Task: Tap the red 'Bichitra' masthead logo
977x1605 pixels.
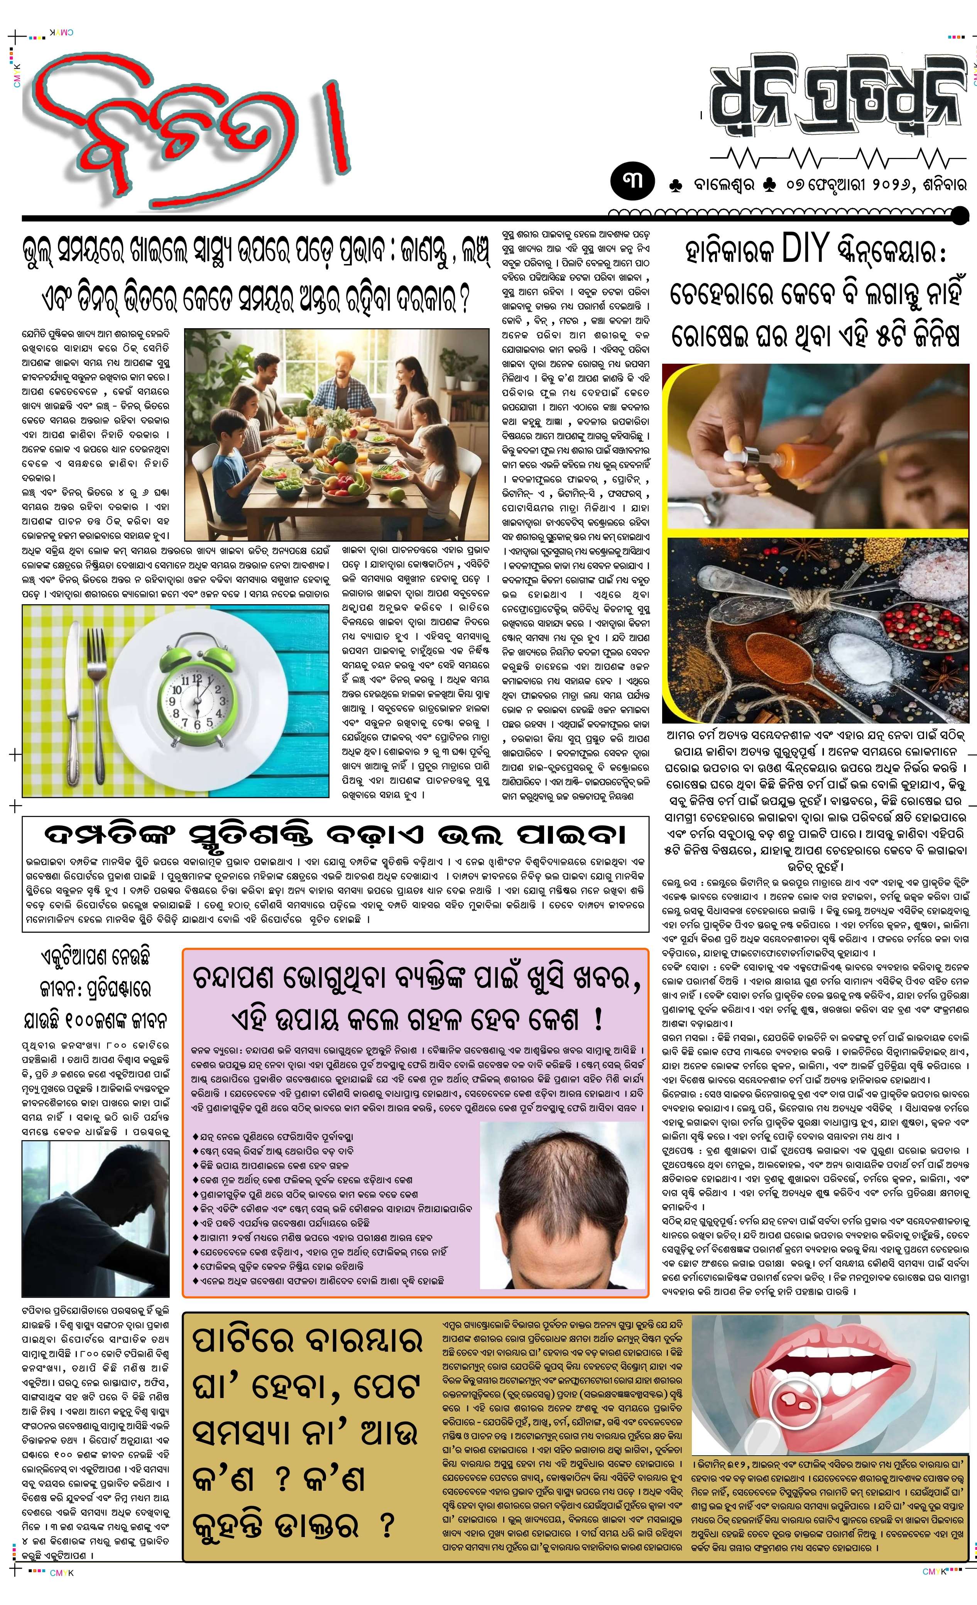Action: point(189,124)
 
